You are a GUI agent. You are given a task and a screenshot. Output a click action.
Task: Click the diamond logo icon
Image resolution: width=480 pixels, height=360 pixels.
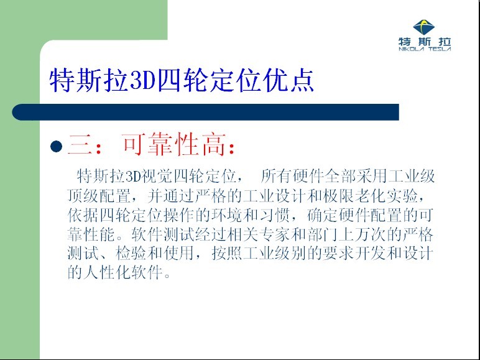coord(424,27)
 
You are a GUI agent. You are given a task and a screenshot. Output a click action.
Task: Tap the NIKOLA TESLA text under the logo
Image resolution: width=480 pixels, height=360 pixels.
coord(425,49)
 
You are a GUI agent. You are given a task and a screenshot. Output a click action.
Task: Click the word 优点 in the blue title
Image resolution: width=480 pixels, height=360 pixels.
coord(288,80)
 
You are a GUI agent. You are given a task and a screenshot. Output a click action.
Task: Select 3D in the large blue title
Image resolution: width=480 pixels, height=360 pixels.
coord(143,81)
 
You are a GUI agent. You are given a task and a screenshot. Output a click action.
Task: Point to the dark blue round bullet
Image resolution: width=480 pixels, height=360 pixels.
coord(57,146)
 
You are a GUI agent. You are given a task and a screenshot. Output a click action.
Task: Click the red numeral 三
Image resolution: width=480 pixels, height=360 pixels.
coord(80,145)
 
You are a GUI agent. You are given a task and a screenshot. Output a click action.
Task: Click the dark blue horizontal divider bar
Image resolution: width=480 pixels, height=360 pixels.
coord(205,112)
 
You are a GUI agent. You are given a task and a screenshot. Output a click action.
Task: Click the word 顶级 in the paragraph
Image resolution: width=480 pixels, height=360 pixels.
coord(83,196)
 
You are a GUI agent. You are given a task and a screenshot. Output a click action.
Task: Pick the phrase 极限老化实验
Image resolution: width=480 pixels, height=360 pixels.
coord(371,196)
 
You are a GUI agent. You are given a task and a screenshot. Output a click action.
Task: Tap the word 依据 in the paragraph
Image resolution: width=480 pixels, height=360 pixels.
coord(83,215)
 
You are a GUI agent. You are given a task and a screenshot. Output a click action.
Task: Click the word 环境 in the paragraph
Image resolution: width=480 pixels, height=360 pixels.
coord(227,215)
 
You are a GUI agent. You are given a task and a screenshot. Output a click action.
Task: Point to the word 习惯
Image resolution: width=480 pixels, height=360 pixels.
coord(275,215)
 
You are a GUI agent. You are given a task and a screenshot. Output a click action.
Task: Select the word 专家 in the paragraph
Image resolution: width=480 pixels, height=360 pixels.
coord(275,234)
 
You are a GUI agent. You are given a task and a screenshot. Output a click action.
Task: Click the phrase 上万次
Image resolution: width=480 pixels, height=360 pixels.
coord(362,234)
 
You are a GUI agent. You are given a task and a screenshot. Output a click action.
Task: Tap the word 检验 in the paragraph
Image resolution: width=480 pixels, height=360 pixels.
coord(131,254)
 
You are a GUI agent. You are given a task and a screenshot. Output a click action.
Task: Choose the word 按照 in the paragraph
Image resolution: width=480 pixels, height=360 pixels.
coord(227,254)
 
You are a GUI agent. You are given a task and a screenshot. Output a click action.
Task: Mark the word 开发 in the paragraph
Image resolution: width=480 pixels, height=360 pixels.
coord(371,254)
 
